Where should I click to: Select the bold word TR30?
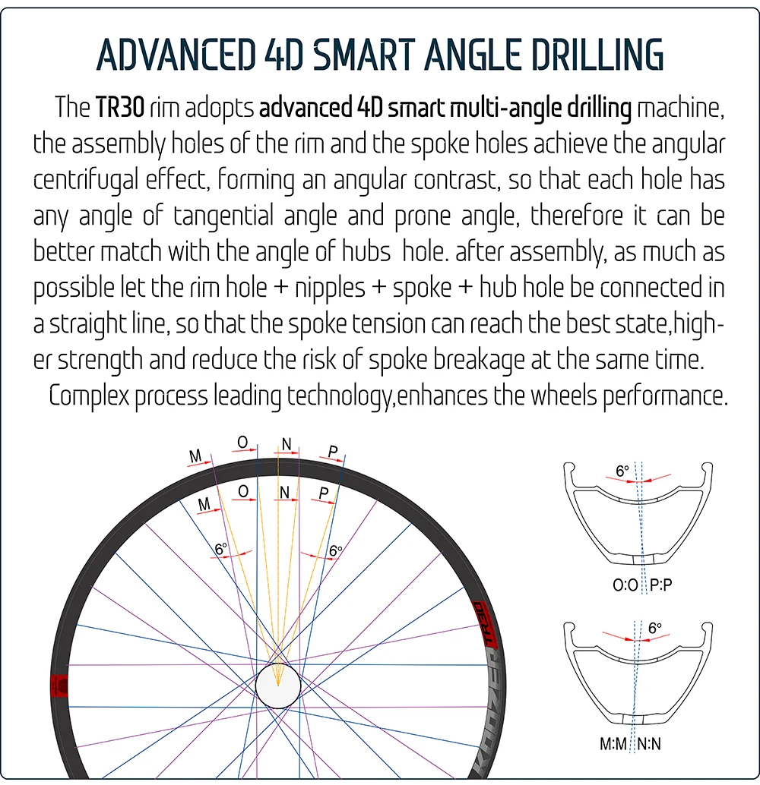click(120, 108)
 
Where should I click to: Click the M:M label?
click(613, 744)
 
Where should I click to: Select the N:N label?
click(648, 744)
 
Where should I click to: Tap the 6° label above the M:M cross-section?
click(655, 628)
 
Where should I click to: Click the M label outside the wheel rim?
click(195, 456)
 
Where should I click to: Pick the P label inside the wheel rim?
click(324, 493)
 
